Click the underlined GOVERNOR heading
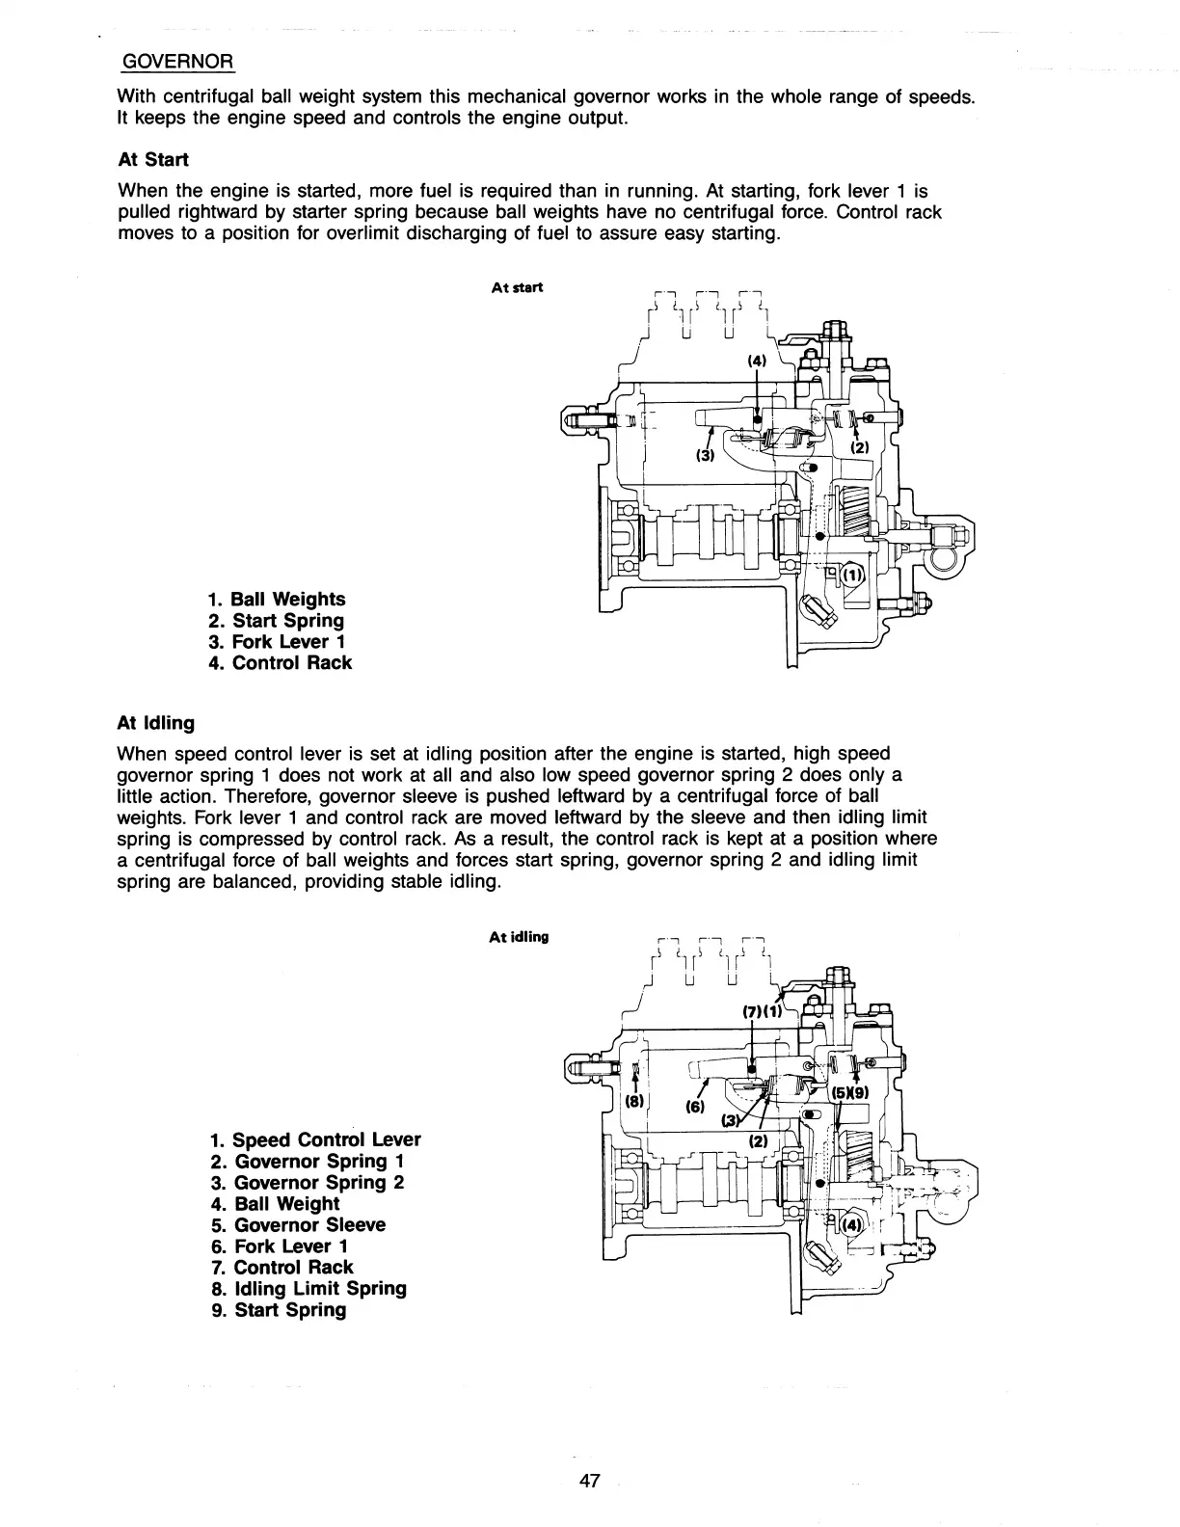tap(176, 63)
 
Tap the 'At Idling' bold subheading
tap(155, 722)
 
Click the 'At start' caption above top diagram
tap(517, 287)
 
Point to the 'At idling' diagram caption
tap(519, 937)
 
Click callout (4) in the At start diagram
tap(757, 362)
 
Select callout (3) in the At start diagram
tap(706, 456)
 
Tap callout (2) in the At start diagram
tap(860, 448)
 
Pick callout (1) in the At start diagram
tap(853, 576)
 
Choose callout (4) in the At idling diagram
tap(852, 1226)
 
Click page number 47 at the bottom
tap(590, 1482)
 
